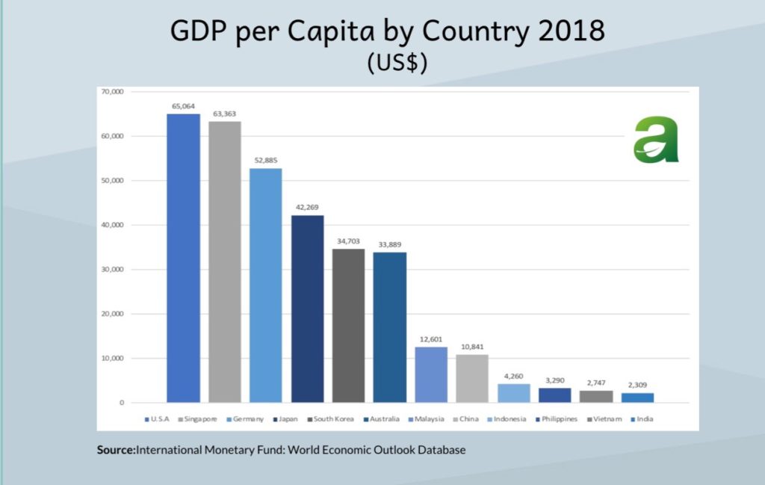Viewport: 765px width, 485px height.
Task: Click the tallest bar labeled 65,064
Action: tap(183, 258)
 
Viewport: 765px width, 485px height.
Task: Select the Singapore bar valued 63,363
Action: tap(224, 262)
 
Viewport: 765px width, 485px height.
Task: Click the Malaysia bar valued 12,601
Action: tap(431, 374)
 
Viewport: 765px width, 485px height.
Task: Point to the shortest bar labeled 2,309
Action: tap(637, 398)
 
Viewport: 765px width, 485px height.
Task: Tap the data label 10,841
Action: tap(472, 346)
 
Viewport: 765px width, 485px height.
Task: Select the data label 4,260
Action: tap(513, 375)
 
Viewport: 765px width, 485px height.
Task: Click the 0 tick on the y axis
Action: tap(120, 403)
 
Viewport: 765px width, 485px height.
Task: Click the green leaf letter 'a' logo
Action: tap(656, 140)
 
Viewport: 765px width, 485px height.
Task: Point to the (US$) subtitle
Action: tap(397, 64)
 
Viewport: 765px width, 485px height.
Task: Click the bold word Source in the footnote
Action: tap(115, 451)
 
